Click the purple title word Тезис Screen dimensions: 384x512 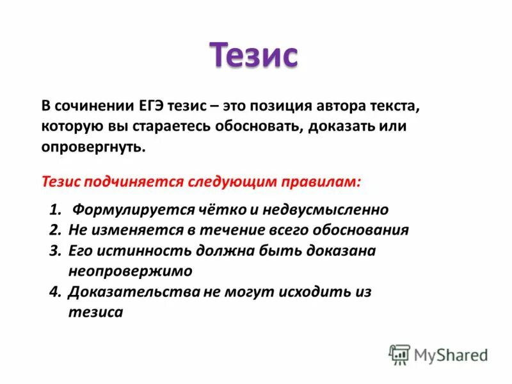(x=254, y=55)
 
